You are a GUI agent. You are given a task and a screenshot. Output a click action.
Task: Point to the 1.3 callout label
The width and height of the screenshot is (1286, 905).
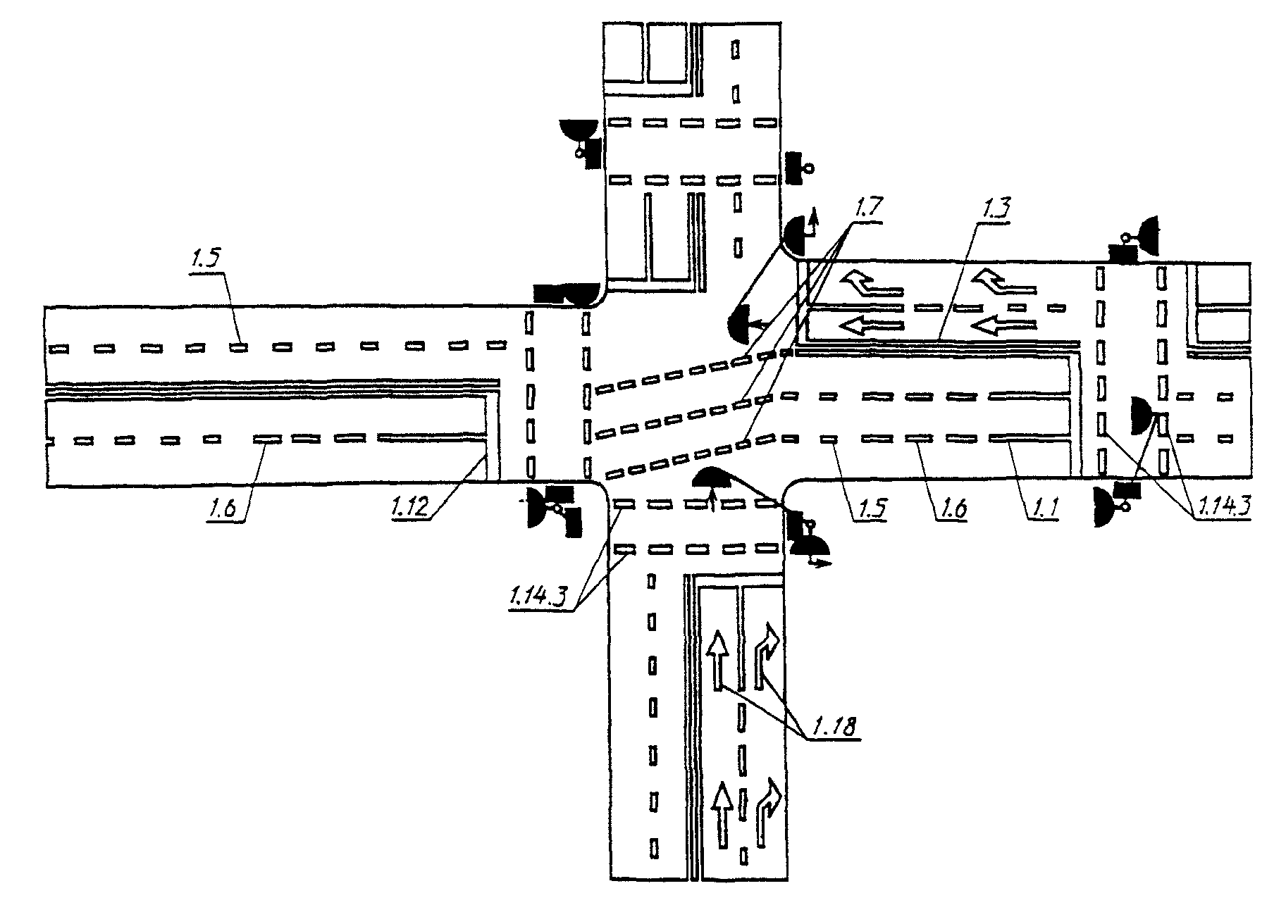994,209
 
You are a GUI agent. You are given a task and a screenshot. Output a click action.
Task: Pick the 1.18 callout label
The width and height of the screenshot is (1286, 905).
836,726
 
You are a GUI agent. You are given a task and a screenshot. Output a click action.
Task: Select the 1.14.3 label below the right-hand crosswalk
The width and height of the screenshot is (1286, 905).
1223,507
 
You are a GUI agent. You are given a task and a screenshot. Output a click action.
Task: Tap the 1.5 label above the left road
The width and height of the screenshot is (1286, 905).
205,258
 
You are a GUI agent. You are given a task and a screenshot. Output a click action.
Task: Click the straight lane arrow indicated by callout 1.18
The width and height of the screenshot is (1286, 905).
717,661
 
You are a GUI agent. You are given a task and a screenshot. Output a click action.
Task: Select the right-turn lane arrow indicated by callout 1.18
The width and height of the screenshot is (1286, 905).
766,655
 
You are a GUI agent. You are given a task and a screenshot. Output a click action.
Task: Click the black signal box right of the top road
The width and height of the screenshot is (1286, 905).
797,168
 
